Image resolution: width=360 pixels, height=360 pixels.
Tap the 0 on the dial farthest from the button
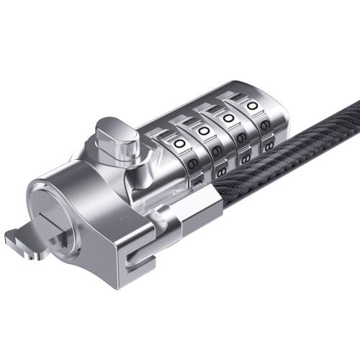tap(253, 107)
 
